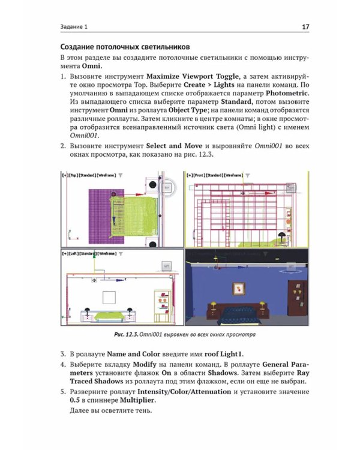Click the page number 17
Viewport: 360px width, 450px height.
305,27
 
